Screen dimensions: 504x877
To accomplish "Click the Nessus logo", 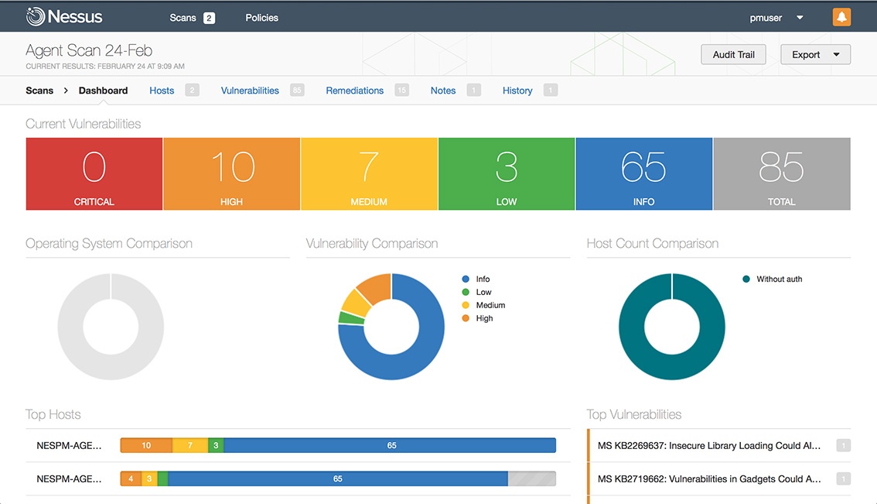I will (64, 16).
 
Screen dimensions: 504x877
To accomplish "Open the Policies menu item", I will (261, 18).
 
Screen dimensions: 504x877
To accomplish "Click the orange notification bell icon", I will (841, 17).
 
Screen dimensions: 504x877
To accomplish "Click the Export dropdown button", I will (815, 54).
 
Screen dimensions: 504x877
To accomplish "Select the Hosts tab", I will (162, 91).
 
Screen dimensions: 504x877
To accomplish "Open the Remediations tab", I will (354, 91).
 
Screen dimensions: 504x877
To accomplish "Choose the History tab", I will (517, 91).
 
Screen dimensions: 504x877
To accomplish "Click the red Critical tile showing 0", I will (94, 174).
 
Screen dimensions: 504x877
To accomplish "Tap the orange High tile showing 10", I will (231, 174).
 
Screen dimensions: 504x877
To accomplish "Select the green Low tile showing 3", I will (507, 174).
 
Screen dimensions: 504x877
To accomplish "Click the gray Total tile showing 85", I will (781, 174).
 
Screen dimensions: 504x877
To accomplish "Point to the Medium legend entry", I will (490, 305).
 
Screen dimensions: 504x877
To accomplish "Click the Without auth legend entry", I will (778, 279).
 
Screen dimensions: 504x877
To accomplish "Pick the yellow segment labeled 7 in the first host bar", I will (190, 445).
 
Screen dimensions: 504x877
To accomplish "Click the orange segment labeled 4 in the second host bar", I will (130, 478).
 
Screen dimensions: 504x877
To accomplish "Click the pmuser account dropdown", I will (776, 18).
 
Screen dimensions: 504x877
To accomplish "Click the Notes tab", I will (443, 91).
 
